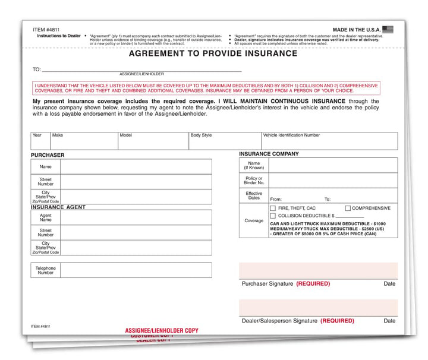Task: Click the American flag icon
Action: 388,29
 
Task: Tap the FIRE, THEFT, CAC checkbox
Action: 273,209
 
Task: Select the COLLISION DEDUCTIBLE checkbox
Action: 273,216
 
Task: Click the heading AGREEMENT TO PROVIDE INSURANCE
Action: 213,53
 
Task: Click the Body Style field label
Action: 201,135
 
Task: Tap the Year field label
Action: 37,135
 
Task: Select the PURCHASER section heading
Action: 48,155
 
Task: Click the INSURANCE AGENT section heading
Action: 58,207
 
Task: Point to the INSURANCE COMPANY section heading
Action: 269,154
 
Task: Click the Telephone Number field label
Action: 46,270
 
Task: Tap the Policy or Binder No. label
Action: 254,181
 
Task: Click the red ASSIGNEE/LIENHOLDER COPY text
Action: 162,330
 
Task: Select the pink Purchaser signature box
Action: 318,270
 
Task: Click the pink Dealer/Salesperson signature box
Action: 318,308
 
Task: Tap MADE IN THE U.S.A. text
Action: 355,29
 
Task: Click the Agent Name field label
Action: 46,217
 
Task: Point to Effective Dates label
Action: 254,196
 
